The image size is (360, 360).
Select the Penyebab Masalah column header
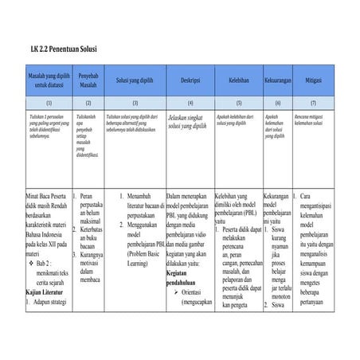[88, 80]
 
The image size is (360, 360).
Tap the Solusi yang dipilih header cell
[135, 80]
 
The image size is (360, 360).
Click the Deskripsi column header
[190, 80]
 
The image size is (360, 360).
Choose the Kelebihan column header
[238, 80]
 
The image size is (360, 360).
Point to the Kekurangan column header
[277, 80]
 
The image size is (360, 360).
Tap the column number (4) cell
[190, 103]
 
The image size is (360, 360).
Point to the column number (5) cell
[238, 103]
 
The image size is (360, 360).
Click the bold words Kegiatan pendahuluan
[182, 276]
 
